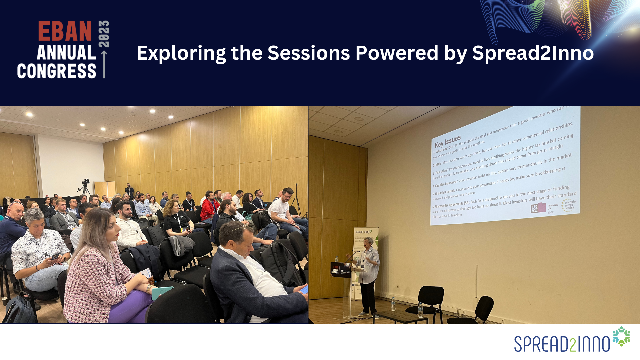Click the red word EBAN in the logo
(x=65, y=31)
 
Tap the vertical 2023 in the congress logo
(x=104, y=34)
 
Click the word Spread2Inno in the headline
(x=533, y=53)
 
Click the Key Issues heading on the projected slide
(x=448, y=141)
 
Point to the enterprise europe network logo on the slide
(x=569, y=205)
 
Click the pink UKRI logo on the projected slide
(x=538, y=208)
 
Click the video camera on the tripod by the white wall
(x=86, y=182)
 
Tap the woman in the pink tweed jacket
(x=100, y=267)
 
